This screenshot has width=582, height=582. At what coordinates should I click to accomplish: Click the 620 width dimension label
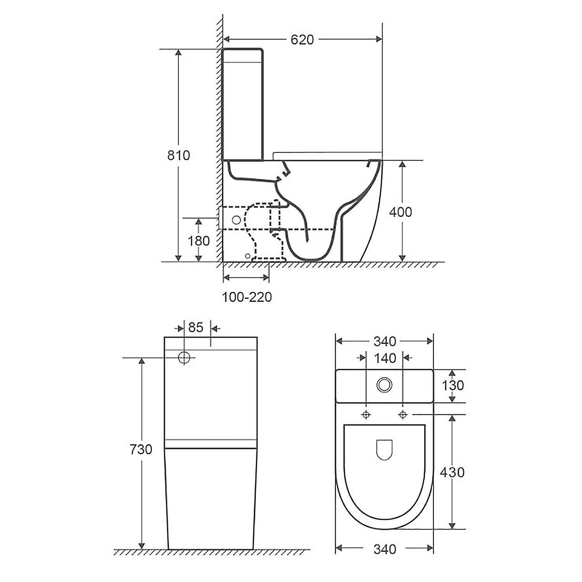pyautogui.click(x=302, y=40)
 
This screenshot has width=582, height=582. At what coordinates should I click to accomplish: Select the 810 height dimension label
pyautogui.click(x=178, y=155)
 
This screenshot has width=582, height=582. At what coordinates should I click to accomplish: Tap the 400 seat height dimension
pyautogui.click(x=400, y=212)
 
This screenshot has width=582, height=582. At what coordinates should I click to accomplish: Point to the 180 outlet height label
pyautogui.click(x=199, y=241)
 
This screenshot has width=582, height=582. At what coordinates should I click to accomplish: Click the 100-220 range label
pyautogui.click(x=247, y=297)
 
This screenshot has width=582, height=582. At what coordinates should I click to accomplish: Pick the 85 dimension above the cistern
pyautogui.click(x=196, y=327)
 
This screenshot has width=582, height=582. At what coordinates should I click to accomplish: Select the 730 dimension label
pyautogui.click(x=140, y=449)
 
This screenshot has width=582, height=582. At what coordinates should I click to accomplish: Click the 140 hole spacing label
pyautogui.click(x=385, y=358)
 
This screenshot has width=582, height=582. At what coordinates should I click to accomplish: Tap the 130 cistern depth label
pyautogui.click(x=453, y=385)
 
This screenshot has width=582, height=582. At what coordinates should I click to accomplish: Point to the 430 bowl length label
pyautogui.click(x=452, y=472)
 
